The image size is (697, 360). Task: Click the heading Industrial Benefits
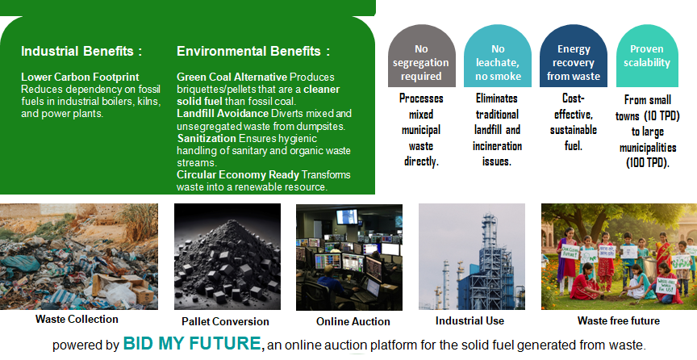coord(81,51)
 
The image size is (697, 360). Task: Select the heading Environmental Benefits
coord(253,51)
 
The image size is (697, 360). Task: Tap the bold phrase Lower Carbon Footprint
coord(80,77)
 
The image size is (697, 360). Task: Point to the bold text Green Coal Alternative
coord(232,77)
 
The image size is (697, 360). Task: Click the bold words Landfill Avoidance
coord(223,114)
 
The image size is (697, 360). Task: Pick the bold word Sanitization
coord(207,138)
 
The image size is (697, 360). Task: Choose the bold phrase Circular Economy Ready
coord(238,174)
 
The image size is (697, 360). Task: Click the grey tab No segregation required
coord(421,56)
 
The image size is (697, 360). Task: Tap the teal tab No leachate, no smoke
coord(498,56)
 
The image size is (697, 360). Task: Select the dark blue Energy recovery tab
coord(574,56)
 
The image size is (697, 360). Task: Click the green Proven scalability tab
coord(647,56)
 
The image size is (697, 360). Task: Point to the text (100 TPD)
coord(648,163)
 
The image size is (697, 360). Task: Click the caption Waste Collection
coord(77,319)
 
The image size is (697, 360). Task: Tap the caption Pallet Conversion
coord(225,321)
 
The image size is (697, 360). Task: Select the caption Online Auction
coord(353,321)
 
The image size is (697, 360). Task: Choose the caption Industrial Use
coord(470,320)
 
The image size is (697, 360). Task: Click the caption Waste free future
coord(618,320)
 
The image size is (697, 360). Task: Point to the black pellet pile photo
coord(227,257)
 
